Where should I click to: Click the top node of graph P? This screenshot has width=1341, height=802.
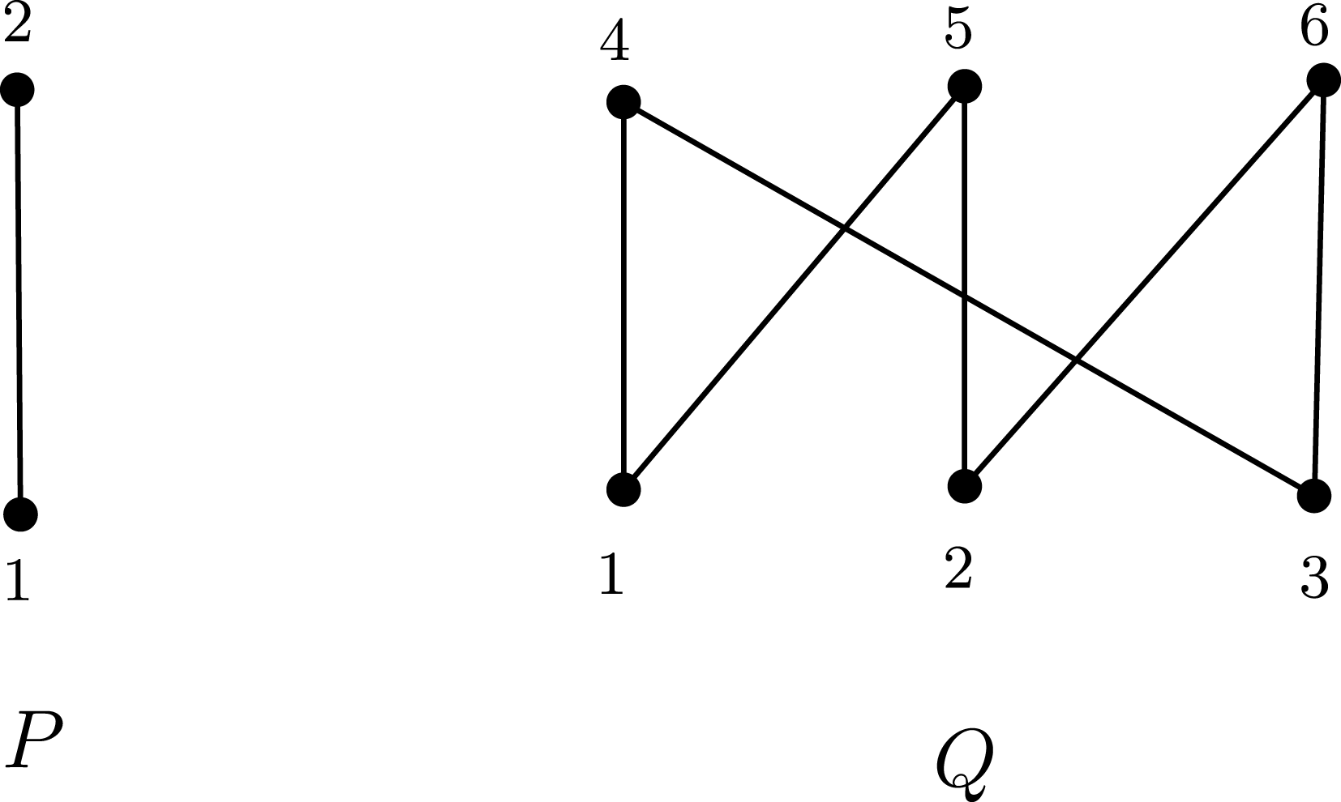pyautogui.click(x=17, y=89)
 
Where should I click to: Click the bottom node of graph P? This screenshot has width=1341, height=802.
pyautogui.click(x=20, y=513)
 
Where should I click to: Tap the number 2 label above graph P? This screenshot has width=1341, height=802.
pyautogui.click(x=17, y=26)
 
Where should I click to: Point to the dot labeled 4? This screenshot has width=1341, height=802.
pyautogui.click(x=623, y=103)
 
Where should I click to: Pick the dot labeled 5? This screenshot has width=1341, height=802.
pyautogui.click(x=964, y=85)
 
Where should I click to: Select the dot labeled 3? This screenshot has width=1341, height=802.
pyautogui.click(x=1313, y=496)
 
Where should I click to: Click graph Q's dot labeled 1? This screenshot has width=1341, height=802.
pyautogui.click(x=623, y=489)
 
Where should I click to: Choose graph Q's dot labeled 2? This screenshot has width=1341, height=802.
pyautogui.click(x=964, y=486)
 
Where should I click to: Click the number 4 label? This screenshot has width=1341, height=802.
pyautogui.click(x=615, y=44)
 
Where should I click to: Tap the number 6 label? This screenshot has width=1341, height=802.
pyautogui.click(x=1313, y=28)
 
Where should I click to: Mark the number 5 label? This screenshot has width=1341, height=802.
pyautogui.click(x=958, y=31)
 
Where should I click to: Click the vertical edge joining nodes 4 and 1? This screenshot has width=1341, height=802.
pyautogui.click(x=623, y=296)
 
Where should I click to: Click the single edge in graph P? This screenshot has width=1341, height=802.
pyautogui.click(x=19, y=300)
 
